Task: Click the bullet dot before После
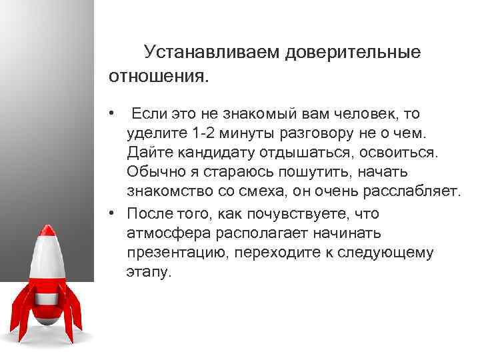115,213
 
